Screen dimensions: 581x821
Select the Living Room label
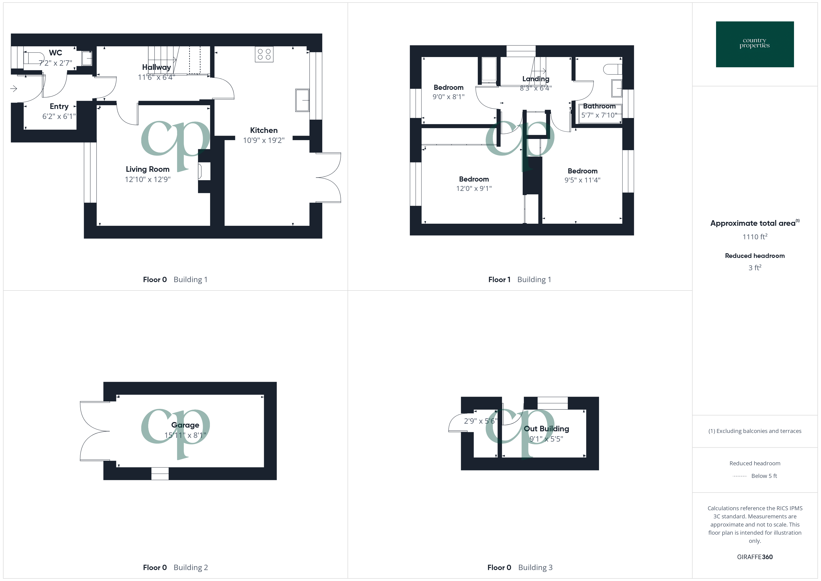click(147, 169)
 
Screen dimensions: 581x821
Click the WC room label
click(55, 53)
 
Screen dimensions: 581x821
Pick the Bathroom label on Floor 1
click(599, 106)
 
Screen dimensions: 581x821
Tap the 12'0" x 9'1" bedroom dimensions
click(474, 189)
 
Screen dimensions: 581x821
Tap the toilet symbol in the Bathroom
click(612, 69)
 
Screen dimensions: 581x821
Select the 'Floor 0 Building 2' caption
click(175, 567)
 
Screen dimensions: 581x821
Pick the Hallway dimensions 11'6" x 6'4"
click(156, 77)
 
